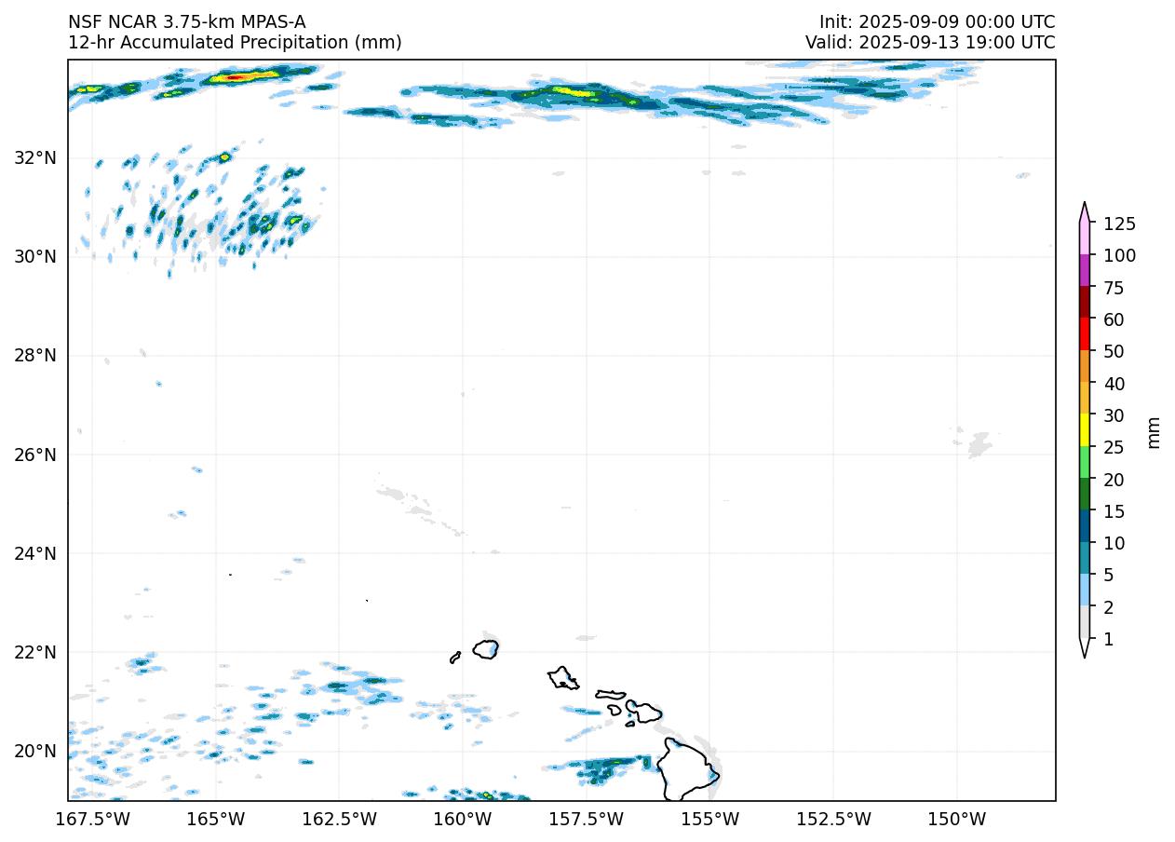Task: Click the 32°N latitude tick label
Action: click(35, 157)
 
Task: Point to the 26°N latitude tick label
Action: click(35, 455)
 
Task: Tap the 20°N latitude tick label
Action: click(35, 752)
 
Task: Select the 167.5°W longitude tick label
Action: click(93, 819)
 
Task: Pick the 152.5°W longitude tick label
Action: click(833, 819)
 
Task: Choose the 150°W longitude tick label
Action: click(957, 819)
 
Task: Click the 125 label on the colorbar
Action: click(1119, 224)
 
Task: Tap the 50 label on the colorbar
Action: click(1114, 351)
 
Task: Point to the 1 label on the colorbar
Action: click(1108, 639)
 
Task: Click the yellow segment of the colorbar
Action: click(1085, 430)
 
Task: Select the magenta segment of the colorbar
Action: click(1085, 270)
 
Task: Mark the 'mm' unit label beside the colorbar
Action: click(1154, 431)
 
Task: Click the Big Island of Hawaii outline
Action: click(688, 769)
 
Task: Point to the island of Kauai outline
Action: click(485, 649)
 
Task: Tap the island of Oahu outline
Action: click(562, 678)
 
